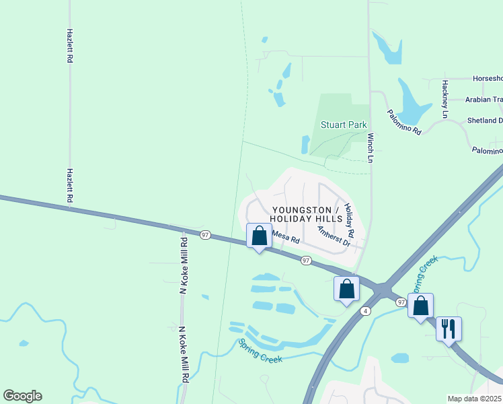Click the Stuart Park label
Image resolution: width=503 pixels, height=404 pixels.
pyautogui.click(x=344, y=125)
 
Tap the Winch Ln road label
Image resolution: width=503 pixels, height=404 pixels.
pyautogui.click(x=370, y=147)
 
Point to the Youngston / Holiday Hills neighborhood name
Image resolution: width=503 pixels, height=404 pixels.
pyautogui.click(x=306, y=215)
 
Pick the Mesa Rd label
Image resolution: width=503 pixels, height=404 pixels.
pyautogui.click(x=285, y=236)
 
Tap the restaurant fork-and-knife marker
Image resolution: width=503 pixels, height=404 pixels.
pyautogui.click(x=449, y=329)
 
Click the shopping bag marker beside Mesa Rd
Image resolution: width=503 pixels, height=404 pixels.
pyautogui.click(x=259, y=236)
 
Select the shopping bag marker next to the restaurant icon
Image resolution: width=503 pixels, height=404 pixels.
pyautogui.click(x=420, y=306)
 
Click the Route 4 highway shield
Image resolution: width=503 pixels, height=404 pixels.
pyautogui.click(x=365, y=310)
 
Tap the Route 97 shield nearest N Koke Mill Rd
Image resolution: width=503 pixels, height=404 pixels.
pyautogui.click(x=205, y=234)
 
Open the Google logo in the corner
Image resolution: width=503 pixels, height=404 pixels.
pyautogui.click(x=22, y=396)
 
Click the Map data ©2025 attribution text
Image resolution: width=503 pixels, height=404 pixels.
pyautogui.click(x=475, y=399)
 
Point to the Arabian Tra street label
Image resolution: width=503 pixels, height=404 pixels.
pyautogui.click(x=484, y=100)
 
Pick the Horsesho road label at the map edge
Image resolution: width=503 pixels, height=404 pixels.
pyautogui.click(x=488, y=79)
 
